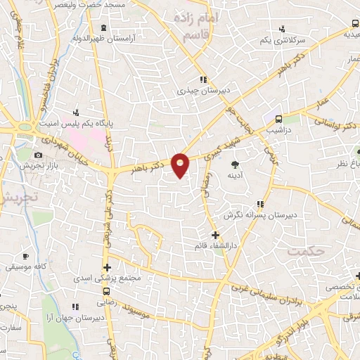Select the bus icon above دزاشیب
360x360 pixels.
[278, 119]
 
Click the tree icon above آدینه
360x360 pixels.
[233, 165]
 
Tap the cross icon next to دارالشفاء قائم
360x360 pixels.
[215, 235]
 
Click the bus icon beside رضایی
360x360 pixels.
[106, 290]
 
